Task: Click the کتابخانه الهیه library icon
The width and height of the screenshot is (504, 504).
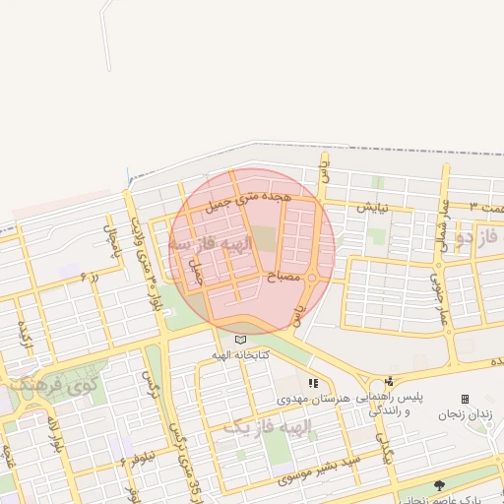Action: pyautogui.click(x=240, y=340)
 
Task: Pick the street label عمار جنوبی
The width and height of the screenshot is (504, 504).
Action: pyautogui.click(x=436, y=286)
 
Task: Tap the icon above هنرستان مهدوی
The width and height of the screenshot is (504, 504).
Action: pyautogui.click(x=313, y=383)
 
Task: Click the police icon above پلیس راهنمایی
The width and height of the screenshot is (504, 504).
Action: pyautogui.click(x=390, y=382)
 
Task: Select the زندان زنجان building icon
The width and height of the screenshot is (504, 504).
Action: pyautogui.click(x=465, y=399)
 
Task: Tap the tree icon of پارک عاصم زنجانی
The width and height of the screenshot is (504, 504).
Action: pyautogui.click(x=439, y=485)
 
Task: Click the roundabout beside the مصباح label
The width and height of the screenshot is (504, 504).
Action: pyautogui.click(x=311, y=280)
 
